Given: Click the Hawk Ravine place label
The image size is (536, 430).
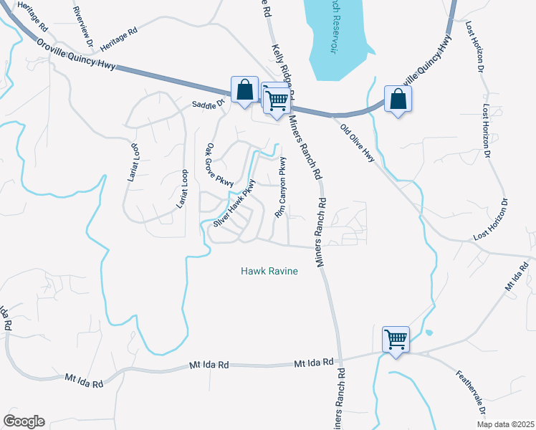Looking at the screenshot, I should [269, 272].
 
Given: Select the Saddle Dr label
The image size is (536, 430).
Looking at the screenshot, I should [208, 104].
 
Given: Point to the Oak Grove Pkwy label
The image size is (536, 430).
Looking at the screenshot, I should [219, 166].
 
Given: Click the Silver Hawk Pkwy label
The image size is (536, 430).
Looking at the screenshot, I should [234, 204].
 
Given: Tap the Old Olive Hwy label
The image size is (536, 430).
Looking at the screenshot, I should [358, 144].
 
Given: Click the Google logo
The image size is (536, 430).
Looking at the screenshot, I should [24, 421].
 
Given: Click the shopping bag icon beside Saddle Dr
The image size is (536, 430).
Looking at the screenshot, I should [244, 90].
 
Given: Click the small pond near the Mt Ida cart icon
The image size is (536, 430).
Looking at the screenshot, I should [429, 333].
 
